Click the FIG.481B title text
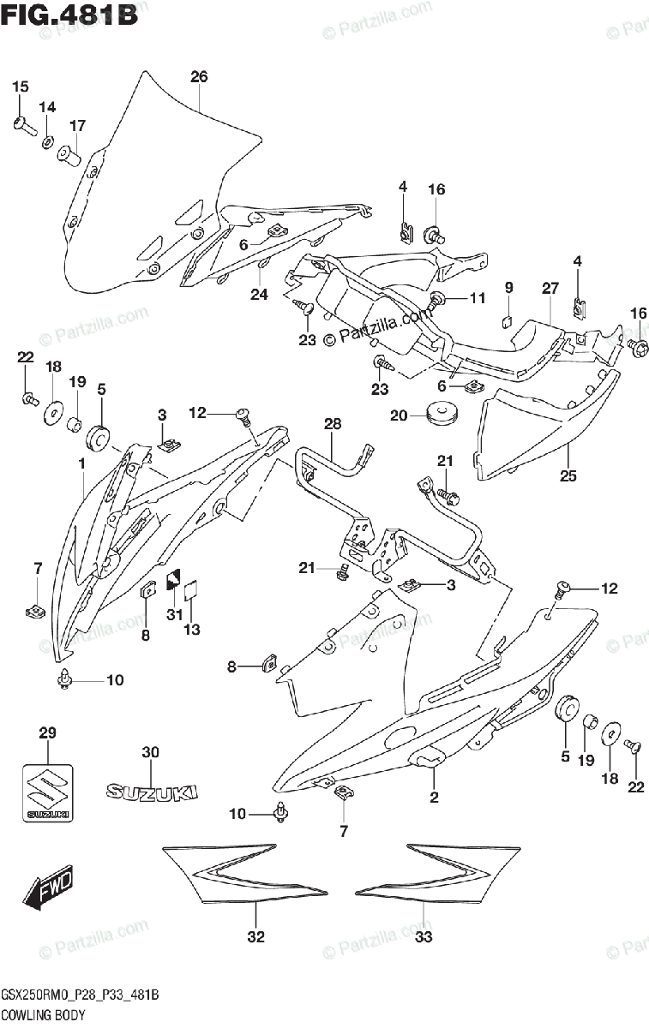69,17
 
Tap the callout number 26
199,77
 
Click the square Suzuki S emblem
47,790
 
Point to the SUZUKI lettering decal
152,792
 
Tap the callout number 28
333,425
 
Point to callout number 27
550,288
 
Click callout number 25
569,475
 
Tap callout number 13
191,631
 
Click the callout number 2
434,798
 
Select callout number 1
81,463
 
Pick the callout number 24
259,295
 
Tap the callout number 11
477,298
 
